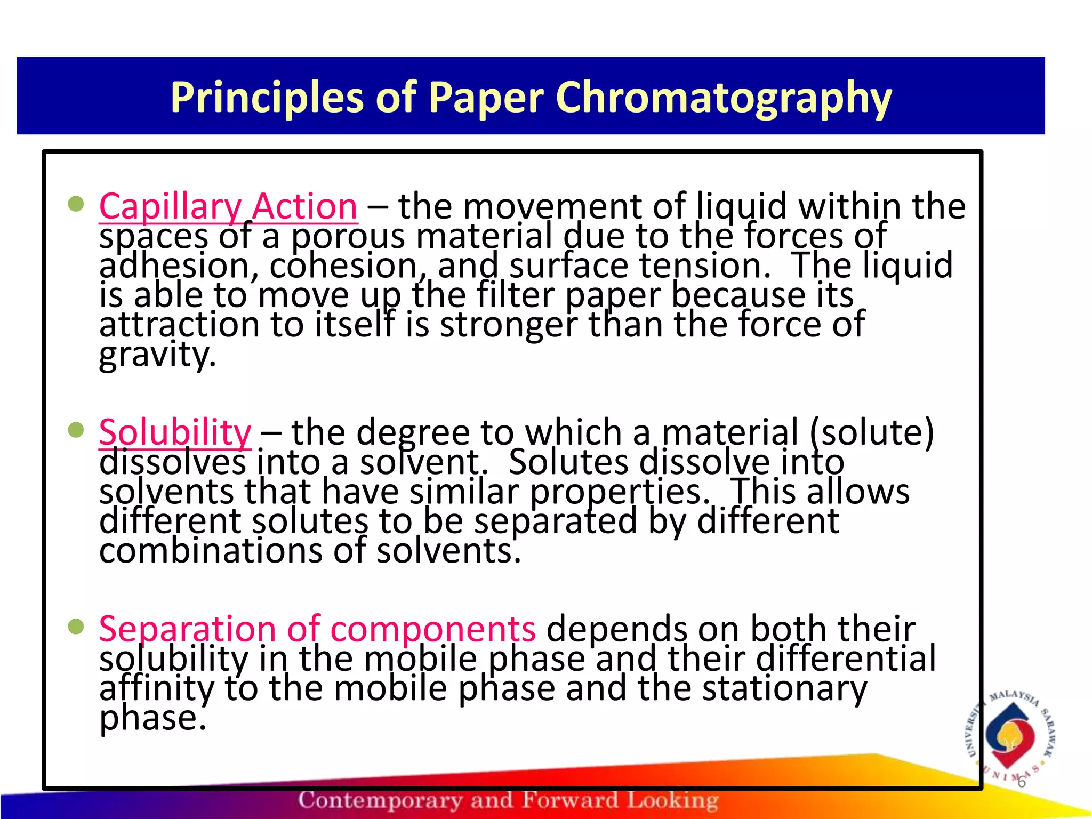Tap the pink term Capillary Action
click(x=228, y=207)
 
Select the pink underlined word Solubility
click(x=175, y=432)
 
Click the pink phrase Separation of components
click(x=317, y=629)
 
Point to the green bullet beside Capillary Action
click(x=77, y=204)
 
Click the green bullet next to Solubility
click(x=77, y=430)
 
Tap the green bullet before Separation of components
click(x=77, y=627)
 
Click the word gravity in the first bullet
click(x=157, y=355)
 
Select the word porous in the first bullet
click(x=348, y=236)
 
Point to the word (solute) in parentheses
click(x=872, y=432)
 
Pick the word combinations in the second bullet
click(x=211, y=551)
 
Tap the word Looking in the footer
click(x=672, y=800)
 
